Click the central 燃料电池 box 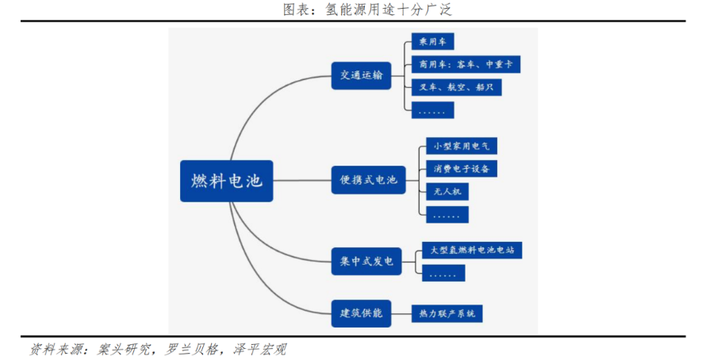click(226, 181)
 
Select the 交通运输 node click(361, 75)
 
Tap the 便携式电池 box click(368, 180)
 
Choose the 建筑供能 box click(361, 313)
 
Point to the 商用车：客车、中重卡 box click(466, 64)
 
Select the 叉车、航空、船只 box click(455, 86)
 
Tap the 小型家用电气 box click(461, 146)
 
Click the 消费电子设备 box click(462, 168)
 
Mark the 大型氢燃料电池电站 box click(472, 251)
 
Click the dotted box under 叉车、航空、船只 click(432, 110)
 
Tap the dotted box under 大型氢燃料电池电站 click(443, 274)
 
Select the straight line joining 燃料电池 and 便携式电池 click(302, 181)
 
